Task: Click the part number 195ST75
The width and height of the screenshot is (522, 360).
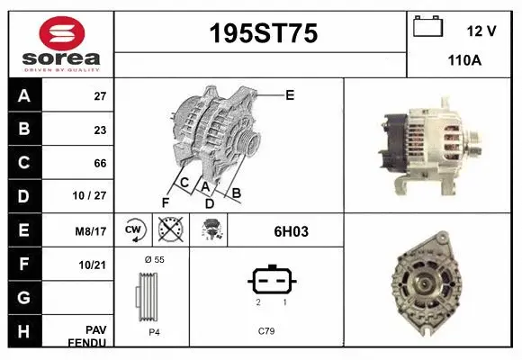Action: [263, 34]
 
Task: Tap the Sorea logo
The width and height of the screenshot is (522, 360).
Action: [60, 42]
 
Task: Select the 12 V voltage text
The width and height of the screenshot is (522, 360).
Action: [481, 31]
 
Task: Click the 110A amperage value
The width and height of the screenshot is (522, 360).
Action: [465, 60]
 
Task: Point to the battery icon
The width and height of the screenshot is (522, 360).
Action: [428, 27]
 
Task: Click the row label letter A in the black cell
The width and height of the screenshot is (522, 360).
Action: [24, 96]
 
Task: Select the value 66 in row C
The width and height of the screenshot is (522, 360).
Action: [100, 164]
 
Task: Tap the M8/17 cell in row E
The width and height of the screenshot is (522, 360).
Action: [93, 231]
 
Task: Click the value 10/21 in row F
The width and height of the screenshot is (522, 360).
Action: [94, 265]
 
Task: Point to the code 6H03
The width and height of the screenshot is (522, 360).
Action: [291, 231]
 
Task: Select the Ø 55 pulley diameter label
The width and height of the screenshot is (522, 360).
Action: [154, 259]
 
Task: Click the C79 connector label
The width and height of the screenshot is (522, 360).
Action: [266, 331]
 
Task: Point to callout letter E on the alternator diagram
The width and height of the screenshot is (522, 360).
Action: [289, 94]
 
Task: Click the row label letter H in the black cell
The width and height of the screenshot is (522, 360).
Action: [24, 331]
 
